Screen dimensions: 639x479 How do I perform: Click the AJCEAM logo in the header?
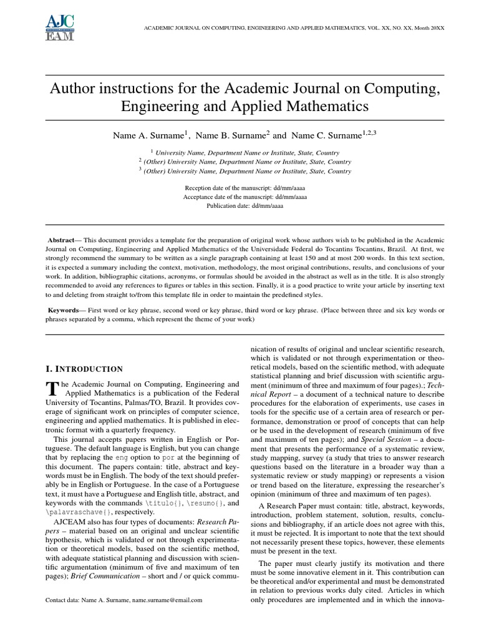pyautogui.click(x=60, y=28)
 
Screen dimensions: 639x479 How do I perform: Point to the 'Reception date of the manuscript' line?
pyautogui.click(x=245, y=187)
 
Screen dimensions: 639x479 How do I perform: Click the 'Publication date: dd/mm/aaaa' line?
pyautogui.click(x=245, y=205)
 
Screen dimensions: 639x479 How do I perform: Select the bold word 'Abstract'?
pyautogui.click(x=60, y=239)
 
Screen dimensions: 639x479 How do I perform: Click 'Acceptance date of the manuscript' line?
pyautogui.click(x=245, y=196)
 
